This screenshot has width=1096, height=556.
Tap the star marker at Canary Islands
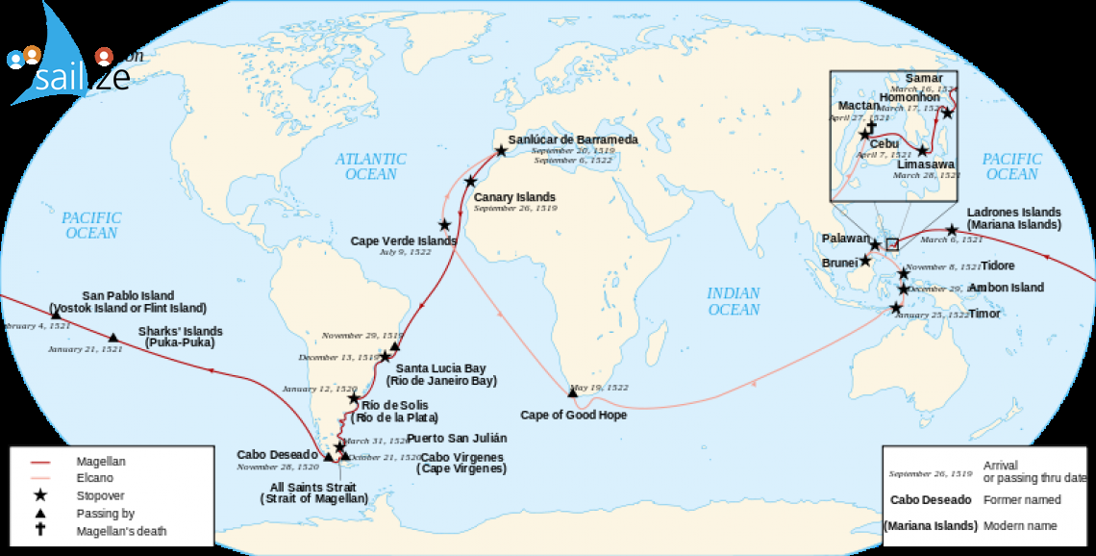coord(470,181)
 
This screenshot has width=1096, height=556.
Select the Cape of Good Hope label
coord(573,415)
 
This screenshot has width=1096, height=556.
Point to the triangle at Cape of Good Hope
coord(573,392)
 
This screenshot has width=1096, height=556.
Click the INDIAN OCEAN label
coord(734,301)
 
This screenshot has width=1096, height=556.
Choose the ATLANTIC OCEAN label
coord(371,166)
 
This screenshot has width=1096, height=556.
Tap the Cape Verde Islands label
coord(403,240)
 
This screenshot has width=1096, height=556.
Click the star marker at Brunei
coord(865,261)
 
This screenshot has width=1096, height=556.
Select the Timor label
coord(984,314)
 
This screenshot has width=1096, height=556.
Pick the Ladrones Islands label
coord(1013,212)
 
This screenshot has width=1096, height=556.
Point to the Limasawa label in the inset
coord(918,164)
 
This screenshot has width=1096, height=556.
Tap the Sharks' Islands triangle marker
coord(113,338)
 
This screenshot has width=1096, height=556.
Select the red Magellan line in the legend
coord(39,462)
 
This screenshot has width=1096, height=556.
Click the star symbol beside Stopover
coord(39,496)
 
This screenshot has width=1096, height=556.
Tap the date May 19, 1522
coord(600,388)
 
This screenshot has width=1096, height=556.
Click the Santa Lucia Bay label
coord(440,368)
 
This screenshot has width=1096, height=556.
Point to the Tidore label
coord(997,265)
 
